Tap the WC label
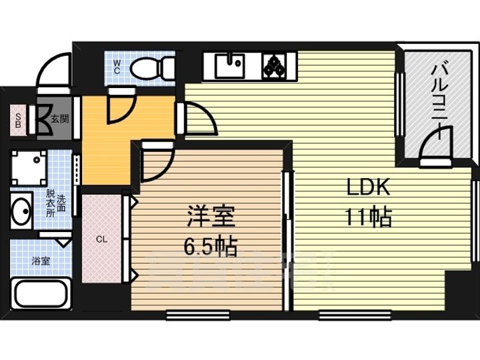[116, 66]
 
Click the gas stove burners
[275, 65]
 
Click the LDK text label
[366, 189]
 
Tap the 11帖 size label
[367, 217]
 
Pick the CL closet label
[102, 239]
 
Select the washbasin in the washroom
[21, 210]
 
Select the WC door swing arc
[120, 107]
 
